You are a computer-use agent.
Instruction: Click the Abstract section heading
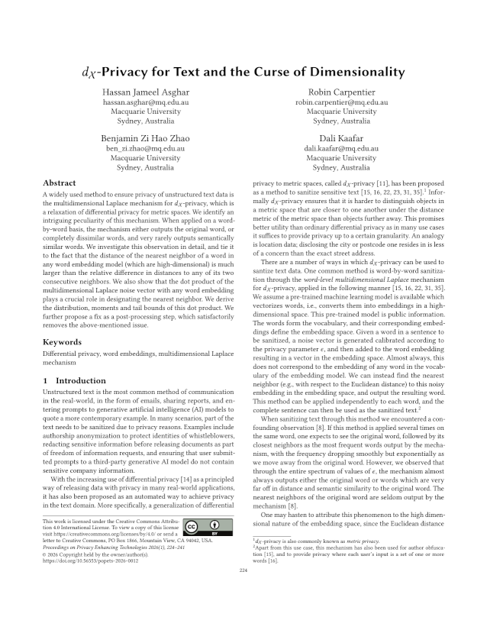(59, 183)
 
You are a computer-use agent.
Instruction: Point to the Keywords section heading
(62, 342)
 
